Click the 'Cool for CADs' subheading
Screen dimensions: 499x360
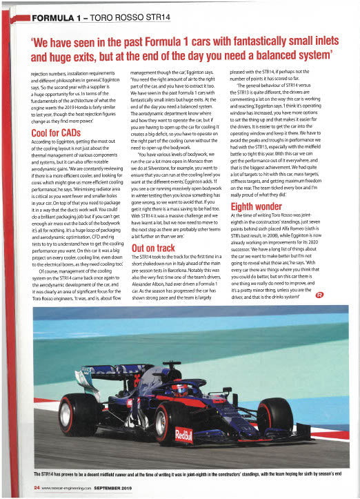coord(55,133)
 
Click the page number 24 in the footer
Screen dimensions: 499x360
coord(37,487)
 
